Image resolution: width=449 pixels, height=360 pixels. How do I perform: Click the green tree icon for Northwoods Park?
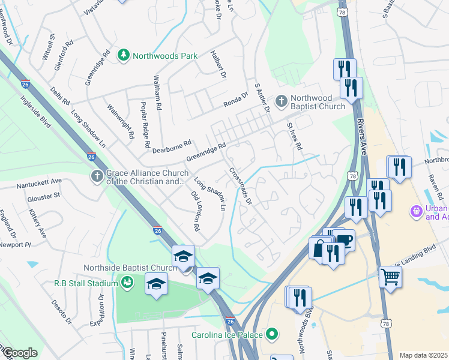(x=124, y=56)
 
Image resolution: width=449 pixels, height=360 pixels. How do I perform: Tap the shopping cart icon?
(x=390, y=277)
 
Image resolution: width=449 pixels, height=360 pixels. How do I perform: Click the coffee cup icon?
(x=345, y=241)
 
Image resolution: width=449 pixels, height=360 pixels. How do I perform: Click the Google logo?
(x=19, y=353)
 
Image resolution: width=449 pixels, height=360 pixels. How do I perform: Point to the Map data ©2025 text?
(x=423, y=355)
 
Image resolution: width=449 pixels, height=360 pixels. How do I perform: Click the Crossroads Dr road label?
(x=240, y=186)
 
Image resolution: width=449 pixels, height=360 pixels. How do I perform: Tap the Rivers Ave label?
(x=363, y=136)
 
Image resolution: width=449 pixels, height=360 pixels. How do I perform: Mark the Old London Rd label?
(x=194, y=212)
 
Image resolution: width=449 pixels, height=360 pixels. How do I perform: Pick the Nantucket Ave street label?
(x=39, y=181)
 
